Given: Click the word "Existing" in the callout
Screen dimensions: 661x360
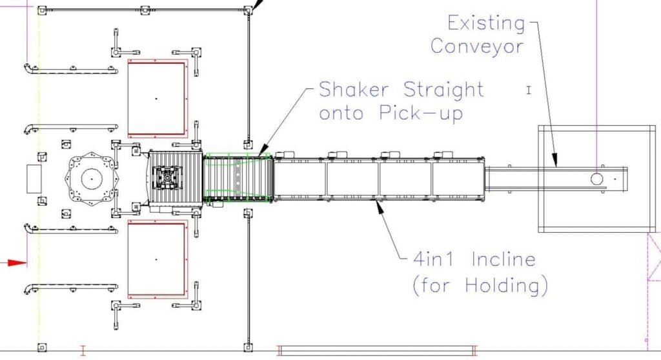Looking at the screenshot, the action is pos(486,24).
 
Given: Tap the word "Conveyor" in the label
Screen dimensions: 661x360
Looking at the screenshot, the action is pos(477,46).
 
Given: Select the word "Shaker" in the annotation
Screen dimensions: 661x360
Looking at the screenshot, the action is pos(354,90).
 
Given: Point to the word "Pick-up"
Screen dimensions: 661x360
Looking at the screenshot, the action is pos(421,112).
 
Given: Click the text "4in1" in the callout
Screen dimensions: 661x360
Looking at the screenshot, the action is pos(433,259).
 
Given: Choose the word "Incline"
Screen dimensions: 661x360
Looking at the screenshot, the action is pos(503,259).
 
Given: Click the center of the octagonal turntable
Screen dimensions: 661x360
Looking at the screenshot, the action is pos(91,179).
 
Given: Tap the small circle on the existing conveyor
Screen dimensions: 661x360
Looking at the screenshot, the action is pos(596,179).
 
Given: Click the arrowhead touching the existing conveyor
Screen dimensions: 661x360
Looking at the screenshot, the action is pos(554,159).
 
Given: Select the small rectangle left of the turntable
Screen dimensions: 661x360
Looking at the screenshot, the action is pos(34,179).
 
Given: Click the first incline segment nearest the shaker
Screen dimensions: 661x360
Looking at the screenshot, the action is pos(300,179).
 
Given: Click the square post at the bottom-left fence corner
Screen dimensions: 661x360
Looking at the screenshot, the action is pos(42,347).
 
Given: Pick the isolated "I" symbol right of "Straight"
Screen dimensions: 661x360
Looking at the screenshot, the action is pos(529,90).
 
